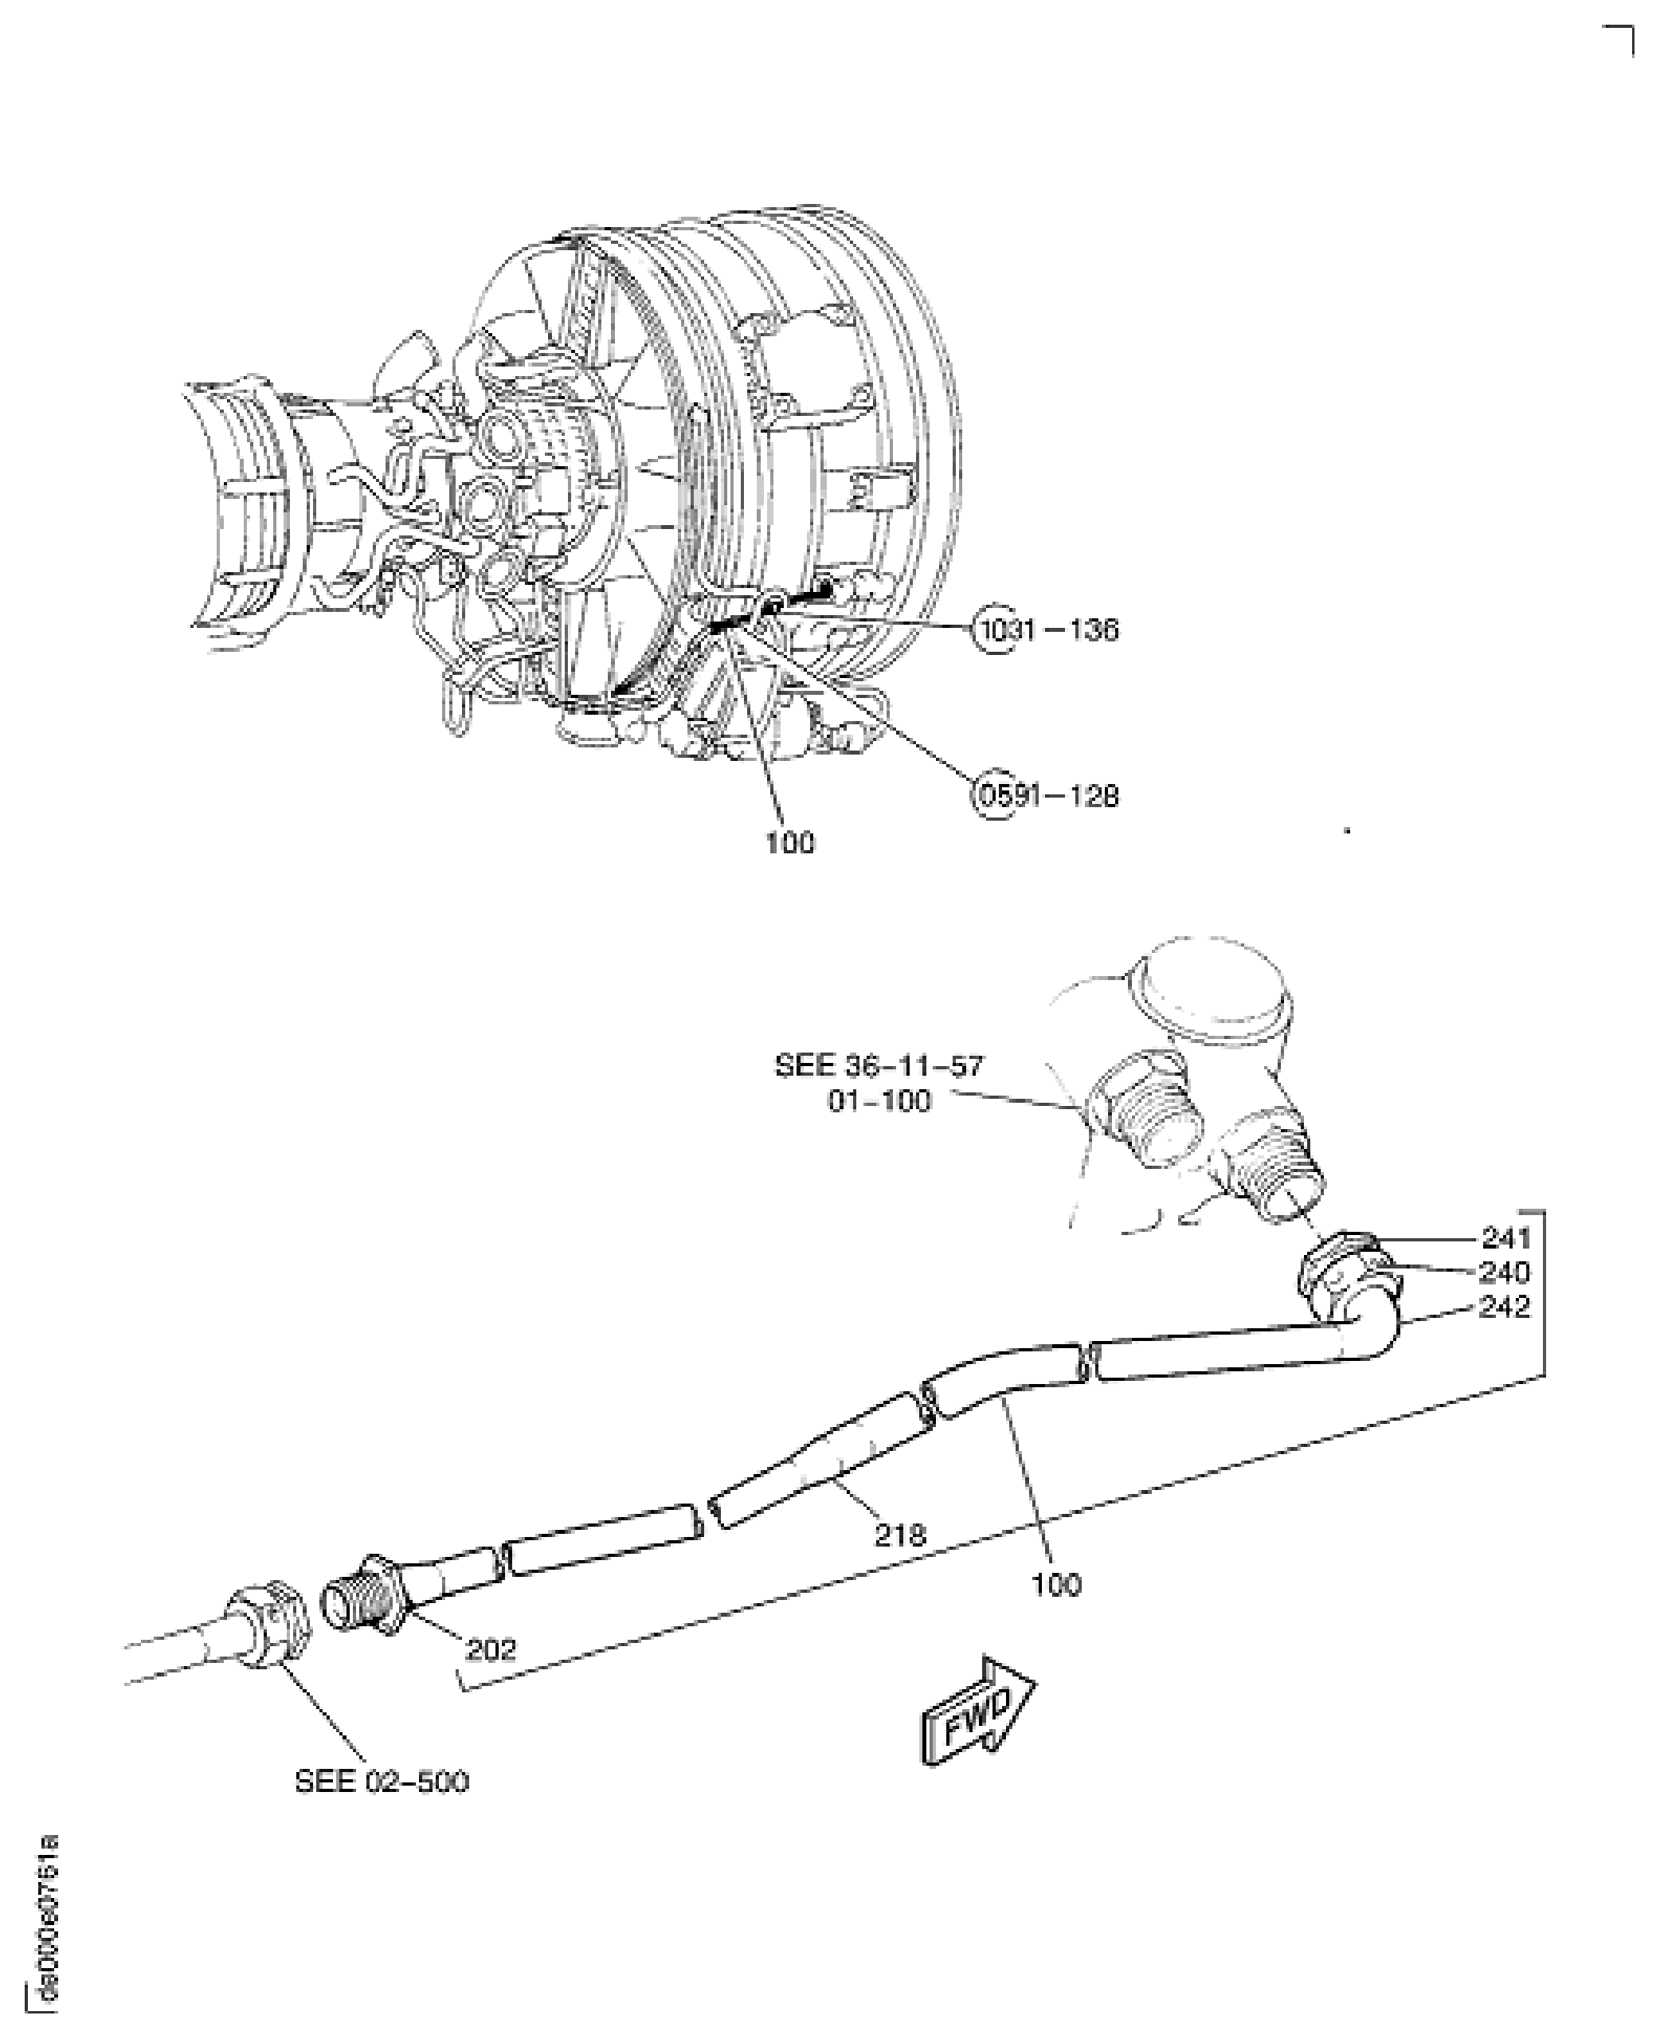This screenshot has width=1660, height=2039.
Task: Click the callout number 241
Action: click(1506, 1237)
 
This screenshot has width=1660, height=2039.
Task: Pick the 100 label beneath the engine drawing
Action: click(790, 844)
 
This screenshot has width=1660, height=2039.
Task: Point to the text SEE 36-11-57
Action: click(878, 1066)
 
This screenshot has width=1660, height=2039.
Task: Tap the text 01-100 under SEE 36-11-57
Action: click(878, 1102)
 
